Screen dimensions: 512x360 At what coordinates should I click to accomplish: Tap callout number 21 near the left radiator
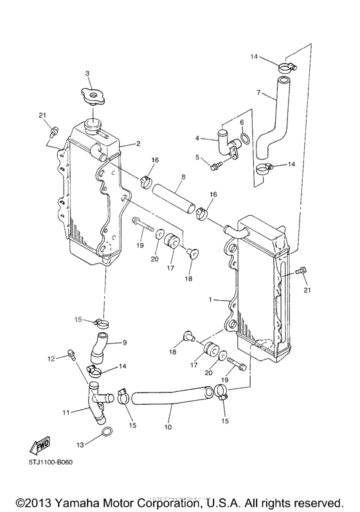click(x=43, y=116)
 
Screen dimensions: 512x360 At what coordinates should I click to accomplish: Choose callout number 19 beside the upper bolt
click(x=139, y=245)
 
